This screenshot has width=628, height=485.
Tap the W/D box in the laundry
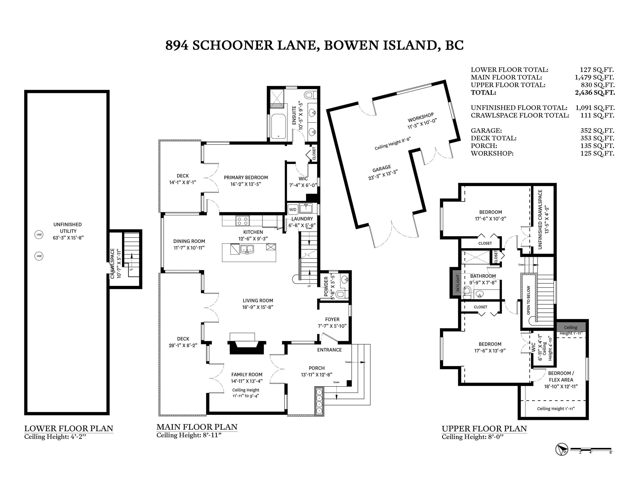[x=293, y=209]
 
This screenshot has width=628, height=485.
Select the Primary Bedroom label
[x=246, y=178]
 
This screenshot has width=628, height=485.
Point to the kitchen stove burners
[x=242, y=221]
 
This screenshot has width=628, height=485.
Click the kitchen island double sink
[x=247, y=249]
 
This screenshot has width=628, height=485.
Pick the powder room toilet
[x=342, y=294]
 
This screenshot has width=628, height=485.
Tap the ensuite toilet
[x=311, y=95]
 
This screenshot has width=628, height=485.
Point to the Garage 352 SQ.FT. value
[x=597, y=131]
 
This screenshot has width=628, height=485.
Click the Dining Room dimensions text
[x=189, y=248]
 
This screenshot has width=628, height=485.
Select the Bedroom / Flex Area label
[x=561, y=376]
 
